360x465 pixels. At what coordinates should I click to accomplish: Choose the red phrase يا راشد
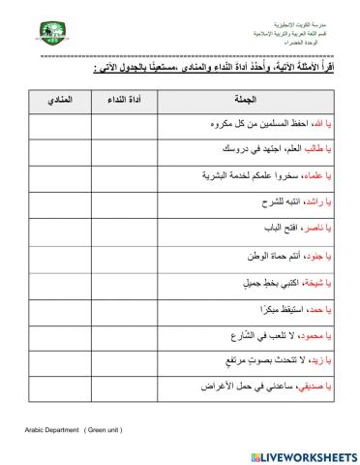(x=320, y=204)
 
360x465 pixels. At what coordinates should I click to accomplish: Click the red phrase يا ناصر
(x=319, y=231)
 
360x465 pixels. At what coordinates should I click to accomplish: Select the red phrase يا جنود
(x=320, y=257)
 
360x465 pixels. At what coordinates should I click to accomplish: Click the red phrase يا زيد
(x=323, y=361)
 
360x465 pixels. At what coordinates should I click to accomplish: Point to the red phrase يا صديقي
(x=315, y=387)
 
